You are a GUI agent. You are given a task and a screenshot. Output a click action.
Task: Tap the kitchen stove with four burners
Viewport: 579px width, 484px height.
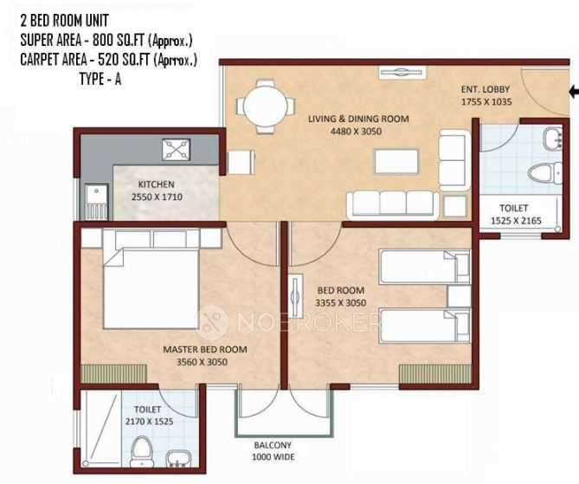[x=177, y=149]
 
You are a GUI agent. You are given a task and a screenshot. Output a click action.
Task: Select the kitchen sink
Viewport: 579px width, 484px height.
[x=96, y=202]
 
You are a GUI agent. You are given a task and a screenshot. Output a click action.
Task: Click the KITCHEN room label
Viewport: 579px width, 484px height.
[x=156, y=184]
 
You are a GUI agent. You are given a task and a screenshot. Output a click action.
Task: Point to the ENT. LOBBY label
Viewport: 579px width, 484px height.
[x=486, y=89]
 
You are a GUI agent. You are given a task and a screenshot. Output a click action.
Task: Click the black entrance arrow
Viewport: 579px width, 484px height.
[x=574, y=92]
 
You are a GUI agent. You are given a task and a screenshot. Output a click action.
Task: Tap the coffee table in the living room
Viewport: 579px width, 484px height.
[x=396, y=161]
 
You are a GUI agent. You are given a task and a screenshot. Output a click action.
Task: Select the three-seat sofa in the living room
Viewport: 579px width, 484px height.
[x=393, y=204]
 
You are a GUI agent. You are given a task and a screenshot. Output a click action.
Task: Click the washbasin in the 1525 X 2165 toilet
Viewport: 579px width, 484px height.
[x=553, y=139]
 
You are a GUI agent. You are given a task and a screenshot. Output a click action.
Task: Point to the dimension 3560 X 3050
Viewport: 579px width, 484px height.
[x=202, y=362]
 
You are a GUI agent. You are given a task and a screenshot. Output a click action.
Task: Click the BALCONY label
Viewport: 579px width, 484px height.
[x=273, y=445]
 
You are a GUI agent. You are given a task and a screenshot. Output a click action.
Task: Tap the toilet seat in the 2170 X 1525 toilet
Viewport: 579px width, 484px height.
[x=141, y=451]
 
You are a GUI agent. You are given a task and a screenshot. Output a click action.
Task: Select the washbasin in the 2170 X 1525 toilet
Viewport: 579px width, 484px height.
[x=177, y=458]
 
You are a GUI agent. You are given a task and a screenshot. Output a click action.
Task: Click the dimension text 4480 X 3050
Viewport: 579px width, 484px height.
[x=356, y=132]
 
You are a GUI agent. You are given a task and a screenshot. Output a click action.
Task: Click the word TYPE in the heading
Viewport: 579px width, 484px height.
[x=92, y=79]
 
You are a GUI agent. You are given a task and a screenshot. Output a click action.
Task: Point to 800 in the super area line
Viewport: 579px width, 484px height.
[x=103, y=41]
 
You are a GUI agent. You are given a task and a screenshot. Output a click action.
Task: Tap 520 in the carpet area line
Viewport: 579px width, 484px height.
[x=108, y=60]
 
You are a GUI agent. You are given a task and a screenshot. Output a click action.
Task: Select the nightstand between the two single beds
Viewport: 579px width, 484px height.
[x=459, y=296]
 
